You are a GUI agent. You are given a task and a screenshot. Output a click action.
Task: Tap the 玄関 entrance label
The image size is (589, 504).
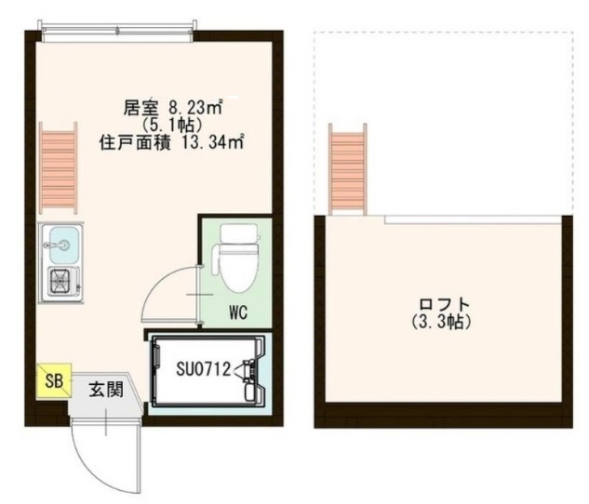[x=103, y=389]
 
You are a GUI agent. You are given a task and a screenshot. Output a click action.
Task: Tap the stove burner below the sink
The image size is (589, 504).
[x=62, y=280]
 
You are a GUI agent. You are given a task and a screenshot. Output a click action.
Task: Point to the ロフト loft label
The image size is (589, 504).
[x=444, y=305]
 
